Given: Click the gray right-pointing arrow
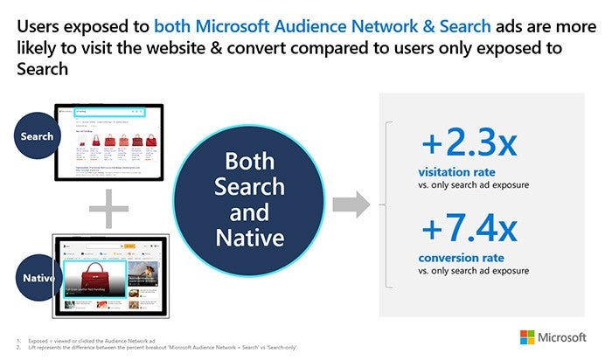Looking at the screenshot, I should pyautogui.click(x=352, y=206).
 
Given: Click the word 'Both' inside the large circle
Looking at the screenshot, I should pyautogui.click(x=255, y=163).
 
